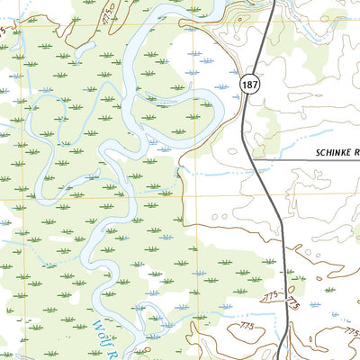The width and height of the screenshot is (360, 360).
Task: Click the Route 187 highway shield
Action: click(x=249, y=84)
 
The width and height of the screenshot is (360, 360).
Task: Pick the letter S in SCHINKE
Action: click(x=319, y=154)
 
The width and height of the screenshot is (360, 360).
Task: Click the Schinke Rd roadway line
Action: click(x=297, y=161)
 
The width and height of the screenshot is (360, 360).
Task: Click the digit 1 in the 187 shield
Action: click(x=244, y=84)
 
